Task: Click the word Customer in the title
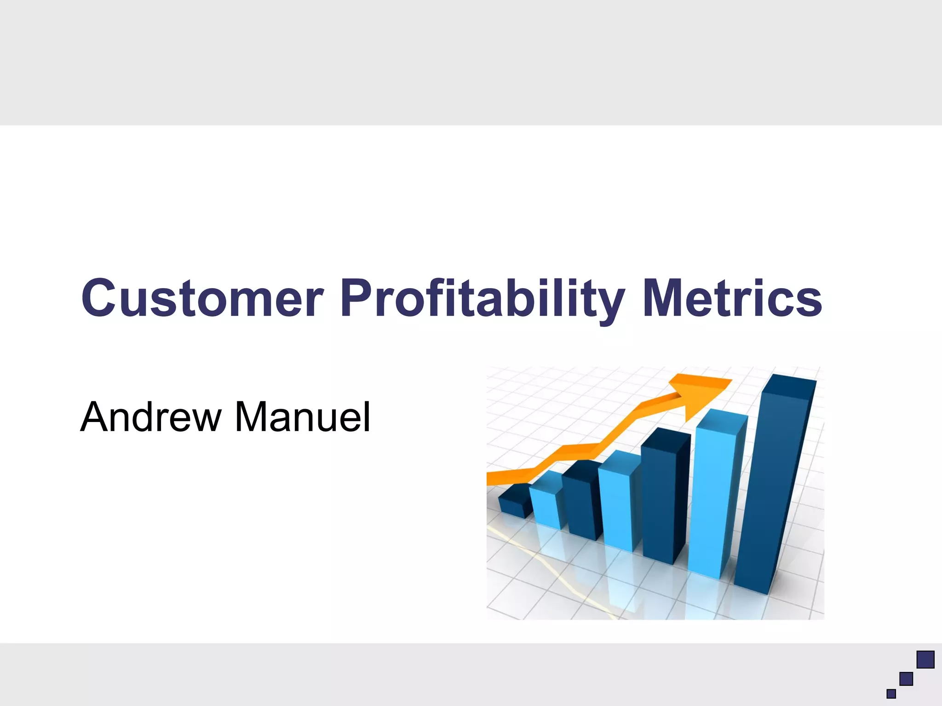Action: pos(202,299)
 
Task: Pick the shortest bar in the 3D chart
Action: pos(515,504)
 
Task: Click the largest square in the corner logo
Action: pos(925,660)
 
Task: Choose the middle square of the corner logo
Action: pos(906,678)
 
